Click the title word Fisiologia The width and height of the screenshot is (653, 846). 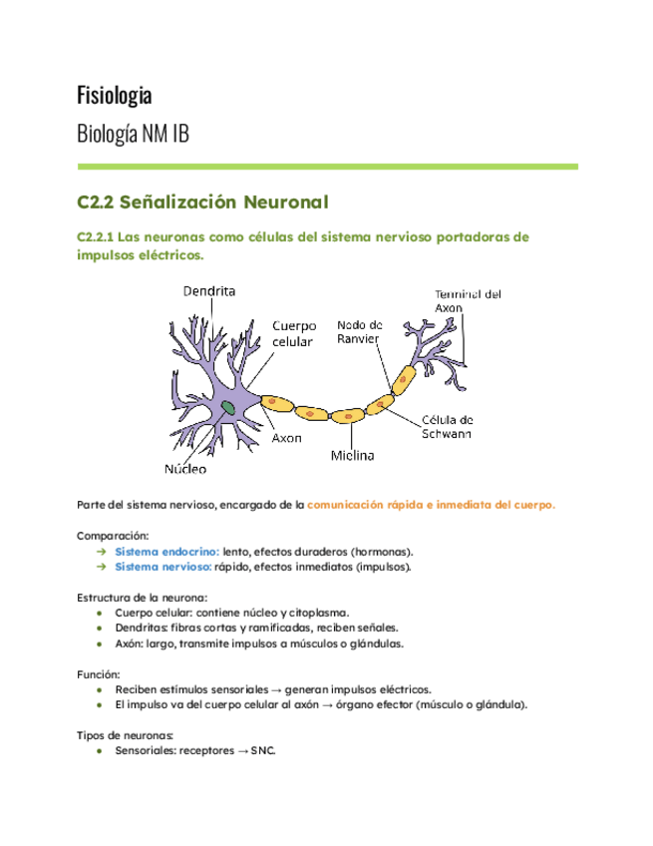pos(115,96)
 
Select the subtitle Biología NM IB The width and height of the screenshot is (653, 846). pos(133,134)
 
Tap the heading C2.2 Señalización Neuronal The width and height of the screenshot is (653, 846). pos(202,203)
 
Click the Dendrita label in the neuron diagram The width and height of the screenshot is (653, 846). pos(209,291)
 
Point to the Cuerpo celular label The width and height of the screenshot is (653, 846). pos(294,333)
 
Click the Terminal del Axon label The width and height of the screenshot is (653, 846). pos(467,301)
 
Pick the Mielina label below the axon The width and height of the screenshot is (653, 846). pos(352,456)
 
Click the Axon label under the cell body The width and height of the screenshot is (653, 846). pos(287,438)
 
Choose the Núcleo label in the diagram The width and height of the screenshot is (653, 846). pos(185,467)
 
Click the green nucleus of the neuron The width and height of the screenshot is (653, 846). pos(229,406)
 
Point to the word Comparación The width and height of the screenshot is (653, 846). pos(113,535)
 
